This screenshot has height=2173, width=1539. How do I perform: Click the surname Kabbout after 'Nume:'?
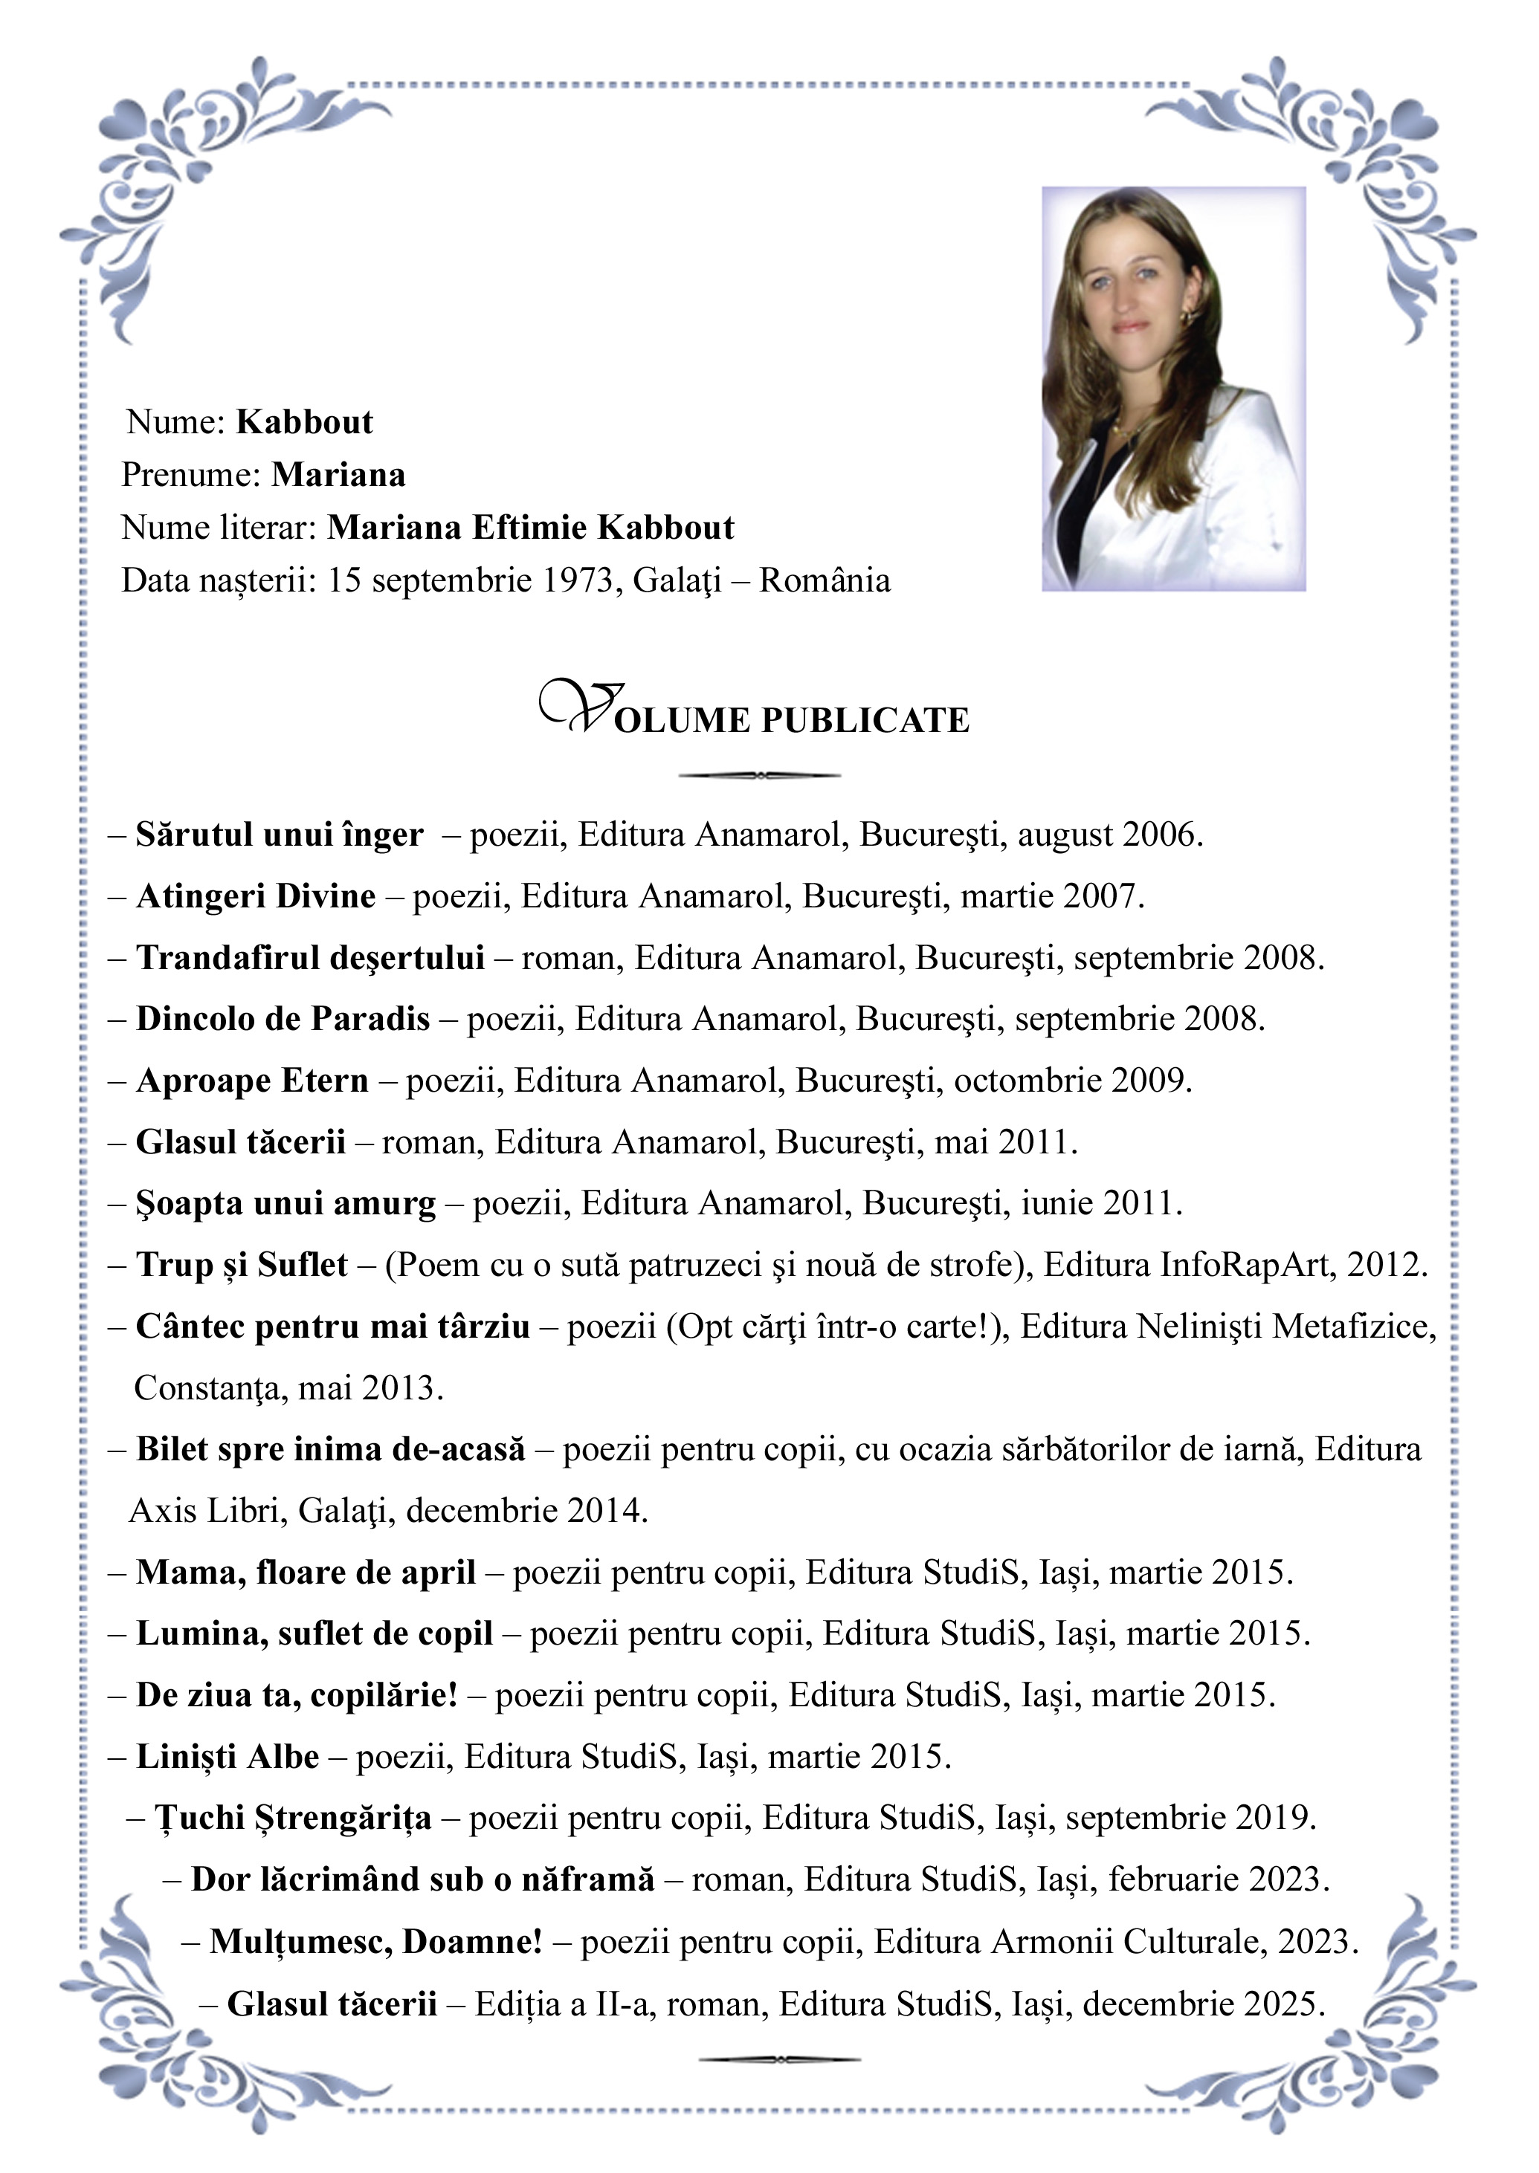point(304,422)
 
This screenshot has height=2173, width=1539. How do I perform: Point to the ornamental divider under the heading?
point(760,776)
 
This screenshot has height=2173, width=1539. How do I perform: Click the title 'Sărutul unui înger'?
point(279,835)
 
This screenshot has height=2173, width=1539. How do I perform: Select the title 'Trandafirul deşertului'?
point(310,958)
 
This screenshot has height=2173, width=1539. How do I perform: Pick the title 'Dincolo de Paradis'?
point(283,1020)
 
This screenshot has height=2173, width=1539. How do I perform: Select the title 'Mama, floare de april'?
point(305,1573)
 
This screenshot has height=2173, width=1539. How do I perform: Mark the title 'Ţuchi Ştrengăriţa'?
point(293,1818)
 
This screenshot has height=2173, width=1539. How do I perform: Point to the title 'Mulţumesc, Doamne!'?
point(375,1941)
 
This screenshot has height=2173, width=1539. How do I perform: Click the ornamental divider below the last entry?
point(779,2059)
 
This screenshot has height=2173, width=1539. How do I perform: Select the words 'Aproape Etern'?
point(252,1081)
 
